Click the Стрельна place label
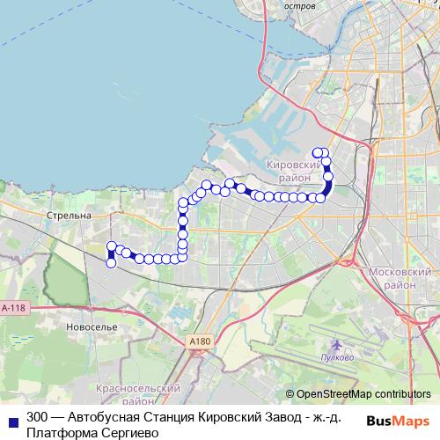(70, 215)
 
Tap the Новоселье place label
(92, 326)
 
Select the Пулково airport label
(337, 357)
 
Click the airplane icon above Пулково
(336, 345)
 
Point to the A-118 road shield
(14, 308)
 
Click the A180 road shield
(201, 341)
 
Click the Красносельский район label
(140, 393)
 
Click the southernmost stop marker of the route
(111, 262)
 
